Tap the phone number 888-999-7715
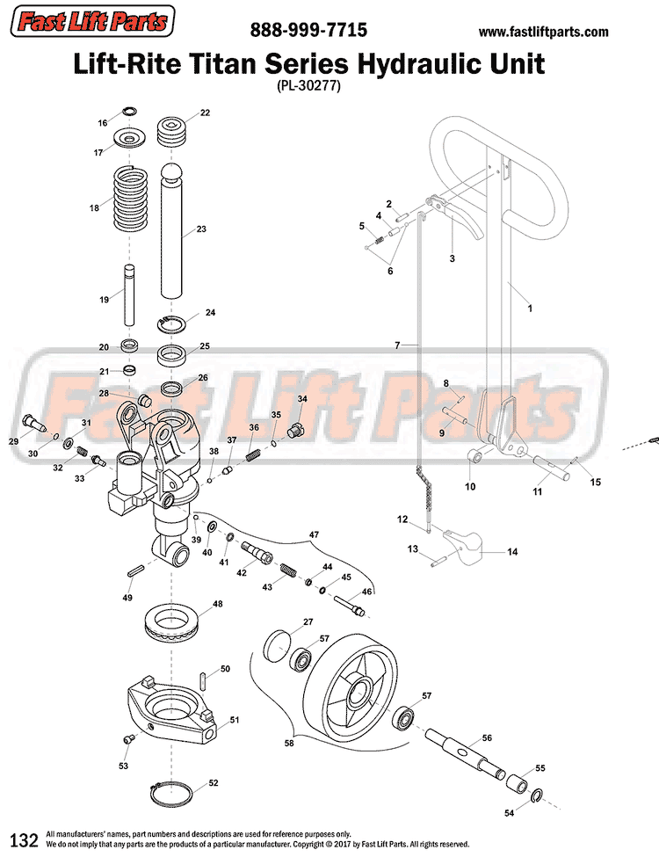308,30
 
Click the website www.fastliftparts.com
543,32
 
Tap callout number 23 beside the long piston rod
201,229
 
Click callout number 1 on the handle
529,309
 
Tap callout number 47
312,534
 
